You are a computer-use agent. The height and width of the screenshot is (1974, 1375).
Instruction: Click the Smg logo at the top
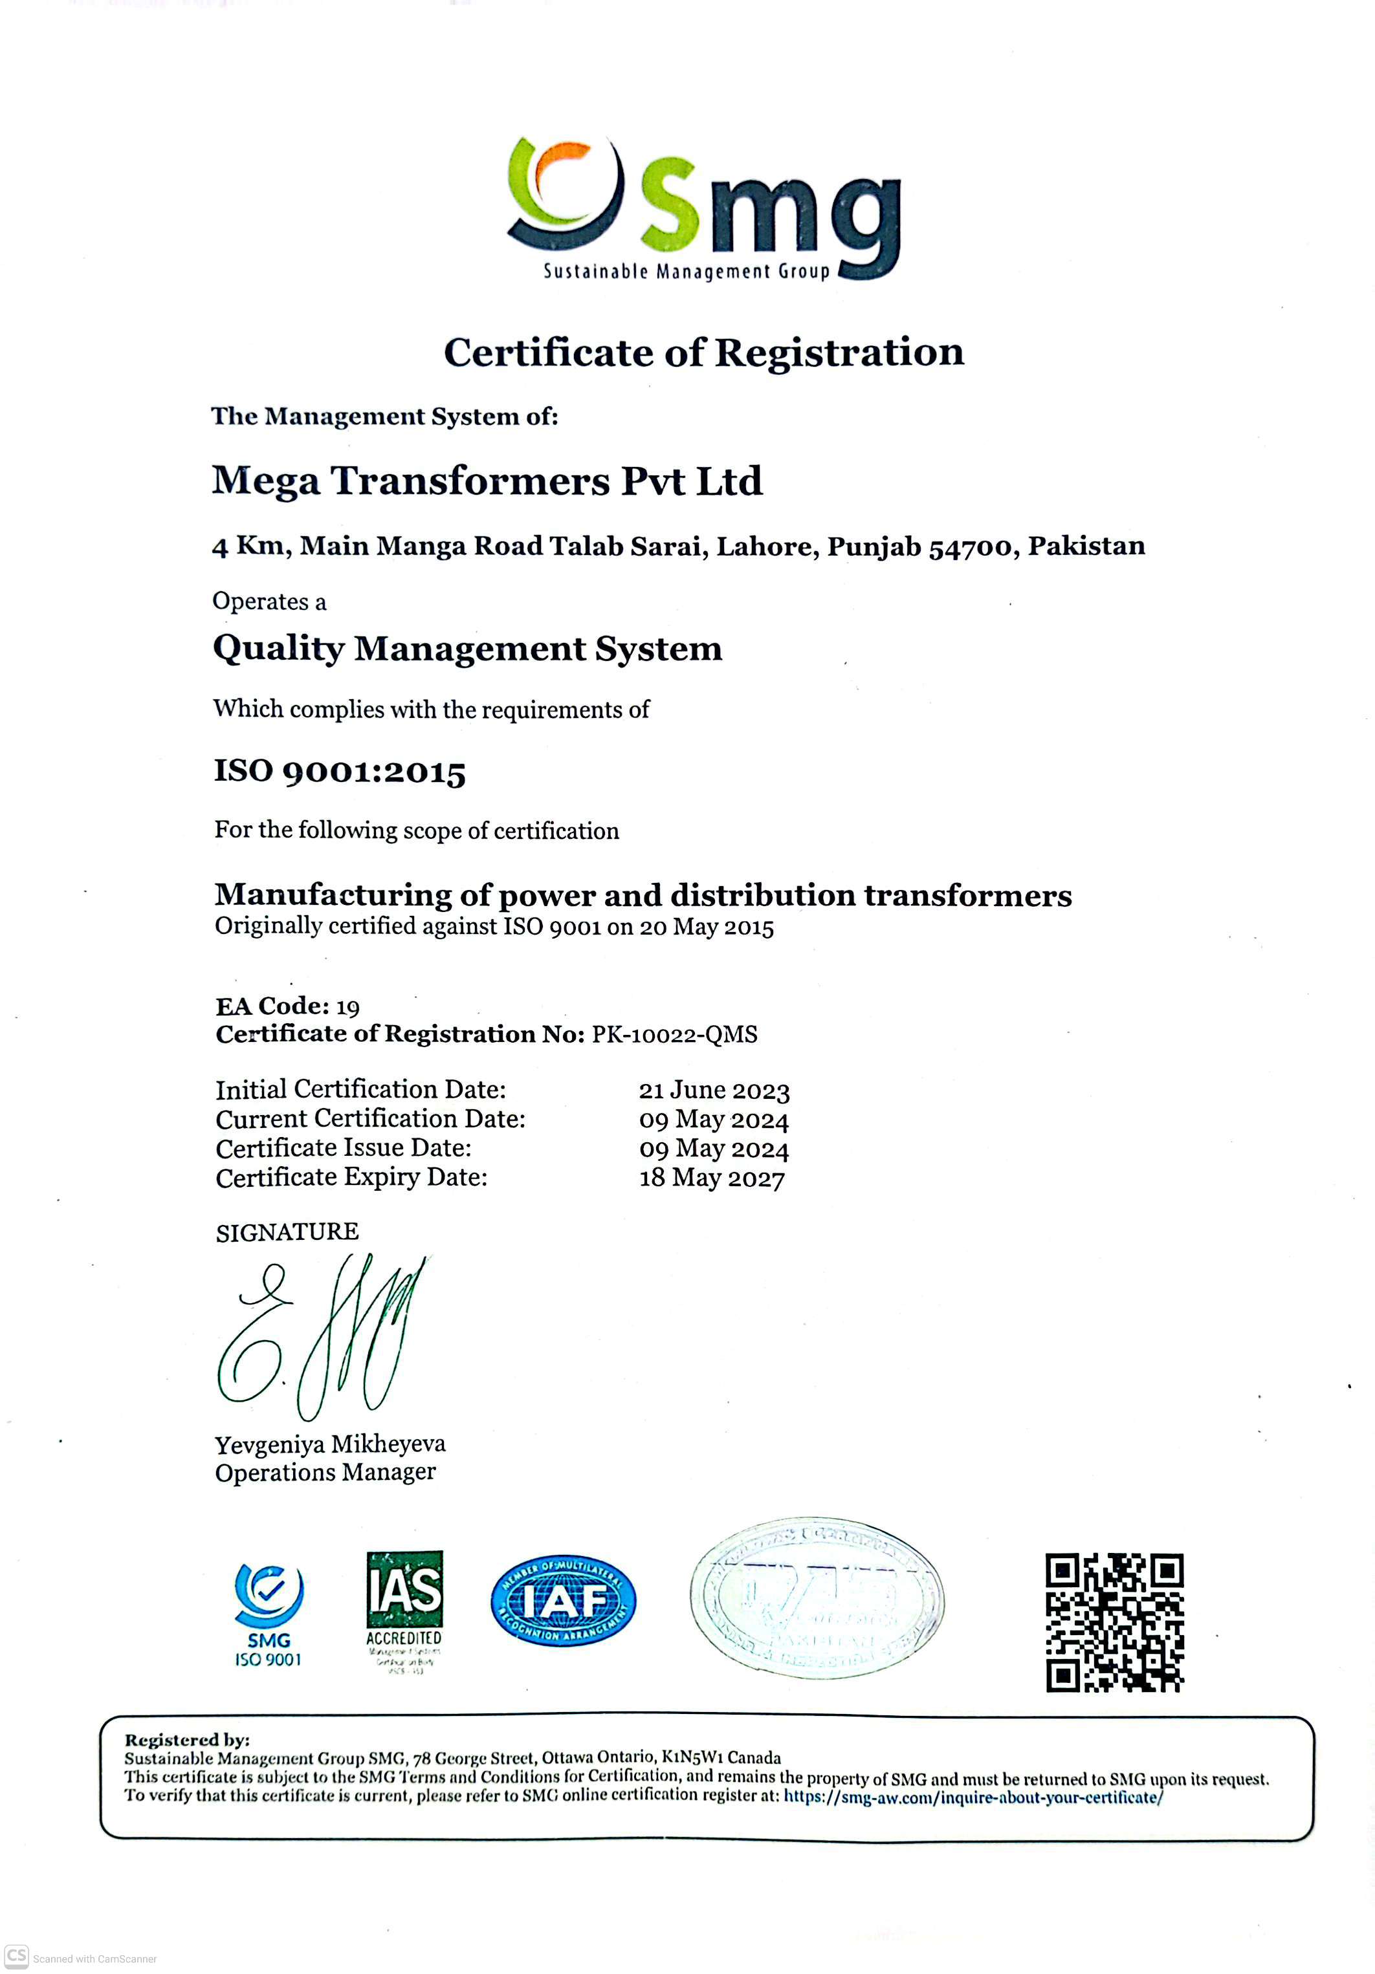(x=703, y=209)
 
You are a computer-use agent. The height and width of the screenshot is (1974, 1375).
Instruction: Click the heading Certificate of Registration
(x=703, y=352)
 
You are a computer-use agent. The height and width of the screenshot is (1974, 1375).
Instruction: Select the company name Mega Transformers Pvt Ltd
(x=487, y=481)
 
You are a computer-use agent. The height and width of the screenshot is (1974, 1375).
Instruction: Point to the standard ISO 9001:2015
(x=340, y=771)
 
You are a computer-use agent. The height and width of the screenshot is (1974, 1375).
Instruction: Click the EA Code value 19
(x=347, y=1007)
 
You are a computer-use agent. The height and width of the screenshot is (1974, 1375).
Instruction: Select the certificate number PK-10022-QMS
(x=674, y=1034)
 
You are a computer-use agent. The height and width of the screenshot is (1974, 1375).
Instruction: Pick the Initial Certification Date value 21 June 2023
(x=714, y=1090)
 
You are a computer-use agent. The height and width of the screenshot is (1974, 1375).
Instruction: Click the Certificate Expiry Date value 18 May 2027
(x=711, y=1178)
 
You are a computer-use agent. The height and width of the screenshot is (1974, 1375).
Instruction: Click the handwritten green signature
(x=322, y=1337)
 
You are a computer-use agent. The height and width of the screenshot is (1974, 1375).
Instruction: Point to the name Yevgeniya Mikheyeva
(x=330, y=1444)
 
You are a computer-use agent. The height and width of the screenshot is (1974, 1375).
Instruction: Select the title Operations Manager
(x=325, y=1473)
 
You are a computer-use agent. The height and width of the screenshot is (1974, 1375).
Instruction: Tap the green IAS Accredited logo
(x=404, y=1609)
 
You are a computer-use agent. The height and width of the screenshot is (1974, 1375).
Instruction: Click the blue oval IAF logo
(x=563, y=1601)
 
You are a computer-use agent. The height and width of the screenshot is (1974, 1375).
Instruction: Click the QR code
(x=1114, y=1622)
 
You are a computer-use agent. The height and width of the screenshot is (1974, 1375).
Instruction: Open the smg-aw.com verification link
(x=973, y=1798)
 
